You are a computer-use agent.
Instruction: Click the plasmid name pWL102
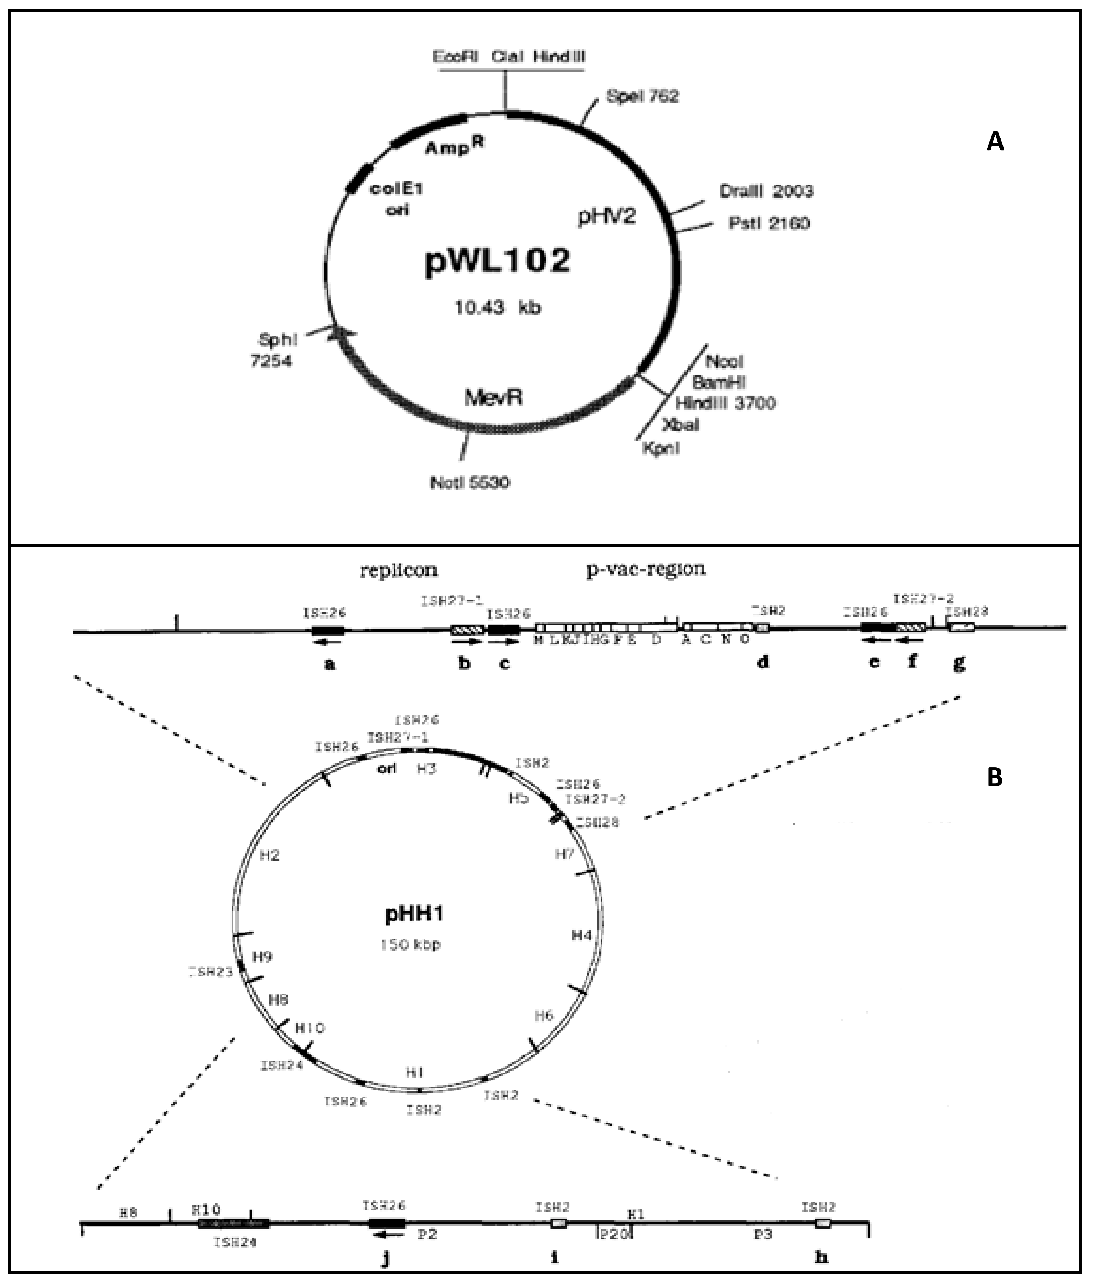pyautogui.click(x=497, y=261)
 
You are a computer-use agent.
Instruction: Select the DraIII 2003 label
pyautogui.click(x=766, y=191)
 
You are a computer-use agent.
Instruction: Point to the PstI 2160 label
pyautogui.click(x=769, y=223)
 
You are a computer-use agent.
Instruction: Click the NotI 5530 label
pyautogui.click(x=470, y=482)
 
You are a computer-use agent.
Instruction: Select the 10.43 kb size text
pyautogui.click(x=497, y=307)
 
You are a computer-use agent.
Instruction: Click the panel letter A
pyautogui.click(x=994, y=142)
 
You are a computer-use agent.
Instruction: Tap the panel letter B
pyautogui.click(x=994, y=777)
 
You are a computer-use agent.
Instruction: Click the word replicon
pyautogui.click(x=398, y=570)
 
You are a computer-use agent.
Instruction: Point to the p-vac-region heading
pyautogui.click(x=645, y=569)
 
